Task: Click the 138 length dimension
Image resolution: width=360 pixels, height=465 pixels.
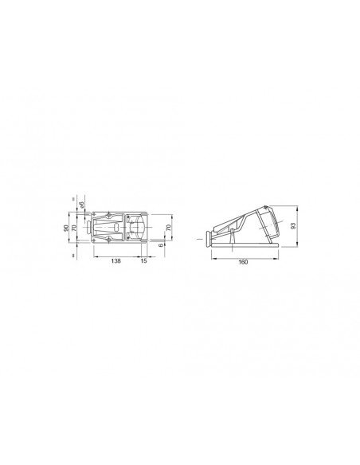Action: pyautogui.click(x=116, y=260)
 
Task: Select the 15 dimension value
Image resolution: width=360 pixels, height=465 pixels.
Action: pyautogui.click(x=144, y=260)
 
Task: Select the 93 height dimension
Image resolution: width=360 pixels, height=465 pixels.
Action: pyautogui.click(x=293, y=226)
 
